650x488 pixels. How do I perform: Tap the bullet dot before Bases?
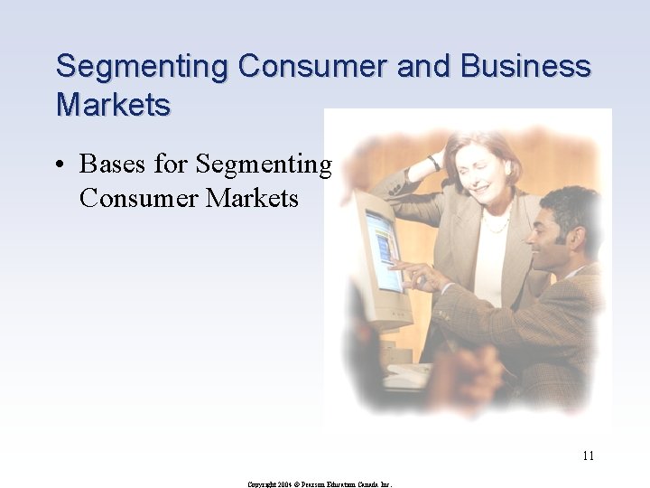(x=59, y=164)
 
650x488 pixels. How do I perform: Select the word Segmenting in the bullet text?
(x=264, y=165)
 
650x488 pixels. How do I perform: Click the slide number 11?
(x=588, y=455)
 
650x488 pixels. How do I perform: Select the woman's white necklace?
(x=495, y=224)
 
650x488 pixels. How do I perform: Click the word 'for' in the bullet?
(x=171, y=164)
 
